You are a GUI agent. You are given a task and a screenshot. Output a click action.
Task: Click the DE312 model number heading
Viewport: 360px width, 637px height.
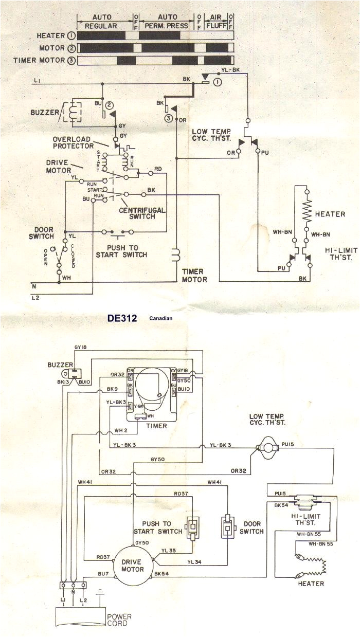tap(122, 318)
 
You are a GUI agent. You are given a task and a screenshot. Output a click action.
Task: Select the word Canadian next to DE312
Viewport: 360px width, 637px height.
tap(161, 319)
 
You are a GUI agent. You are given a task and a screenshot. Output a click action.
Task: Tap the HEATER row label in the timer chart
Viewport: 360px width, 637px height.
tap(50, 35)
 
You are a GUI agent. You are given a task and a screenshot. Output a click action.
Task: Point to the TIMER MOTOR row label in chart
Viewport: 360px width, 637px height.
tap(39, 60)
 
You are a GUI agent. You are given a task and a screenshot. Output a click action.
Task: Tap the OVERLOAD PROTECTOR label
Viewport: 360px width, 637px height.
tap(73, 142)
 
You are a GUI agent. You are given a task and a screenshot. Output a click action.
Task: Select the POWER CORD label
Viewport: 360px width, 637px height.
tap(119, 620)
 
